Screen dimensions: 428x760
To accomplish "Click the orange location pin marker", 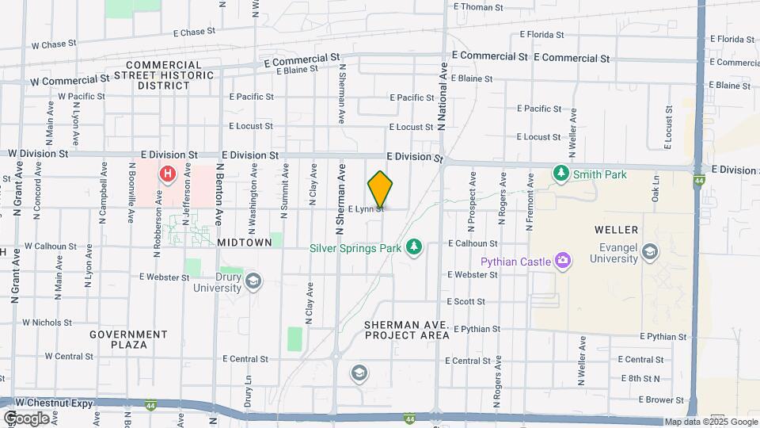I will click(380, 190).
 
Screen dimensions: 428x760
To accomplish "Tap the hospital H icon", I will click(167, 174).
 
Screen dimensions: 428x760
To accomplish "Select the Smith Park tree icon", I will click(561, 171).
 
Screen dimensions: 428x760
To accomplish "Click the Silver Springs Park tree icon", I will click(412, 248).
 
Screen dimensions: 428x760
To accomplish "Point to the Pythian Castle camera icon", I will click(563, 260).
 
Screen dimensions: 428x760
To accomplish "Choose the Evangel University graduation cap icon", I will click(650, 252).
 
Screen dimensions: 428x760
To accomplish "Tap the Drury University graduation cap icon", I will click(253, 281).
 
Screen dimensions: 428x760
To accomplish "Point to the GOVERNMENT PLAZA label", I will click(128, 339).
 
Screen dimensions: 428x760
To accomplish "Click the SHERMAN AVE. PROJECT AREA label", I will click(407, 331).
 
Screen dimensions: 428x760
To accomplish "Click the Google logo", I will click(26, 418).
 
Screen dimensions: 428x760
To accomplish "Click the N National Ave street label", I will click(441, 97).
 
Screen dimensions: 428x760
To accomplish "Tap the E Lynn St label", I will click(366, 208).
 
